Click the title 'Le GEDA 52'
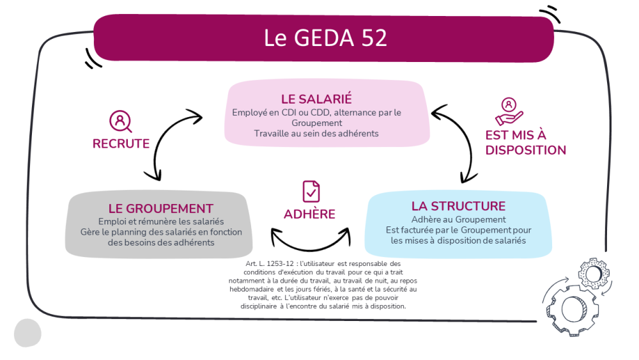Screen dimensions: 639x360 tap(325, 38)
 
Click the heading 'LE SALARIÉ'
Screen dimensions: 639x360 tap(316, 98)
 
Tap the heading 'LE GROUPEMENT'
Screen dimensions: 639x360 tap(160, 208)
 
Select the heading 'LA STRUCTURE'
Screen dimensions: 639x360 tap(458, 206)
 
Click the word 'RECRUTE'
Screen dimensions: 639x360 tap(121, 143)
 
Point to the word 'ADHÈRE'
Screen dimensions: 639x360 tap(309, 214)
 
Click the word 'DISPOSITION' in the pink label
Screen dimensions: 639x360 tap(526, 150)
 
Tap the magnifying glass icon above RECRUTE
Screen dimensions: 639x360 tap(120, 121)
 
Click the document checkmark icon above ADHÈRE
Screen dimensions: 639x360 tap(311, 191)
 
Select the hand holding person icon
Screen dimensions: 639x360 tap(509, 111)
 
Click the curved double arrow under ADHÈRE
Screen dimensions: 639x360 tap(311, 248)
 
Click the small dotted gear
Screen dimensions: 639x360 tap(594, 274)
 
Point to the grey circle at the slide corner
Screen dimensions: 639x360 tap(27, 333)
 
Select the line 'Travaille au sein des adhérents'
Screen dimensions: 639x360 tap(316, 133)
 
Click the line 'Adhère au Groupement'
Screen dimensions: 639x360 tap(458, 219)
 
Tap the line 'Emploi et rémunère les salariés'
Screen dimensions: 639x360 tap(161, 221)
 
